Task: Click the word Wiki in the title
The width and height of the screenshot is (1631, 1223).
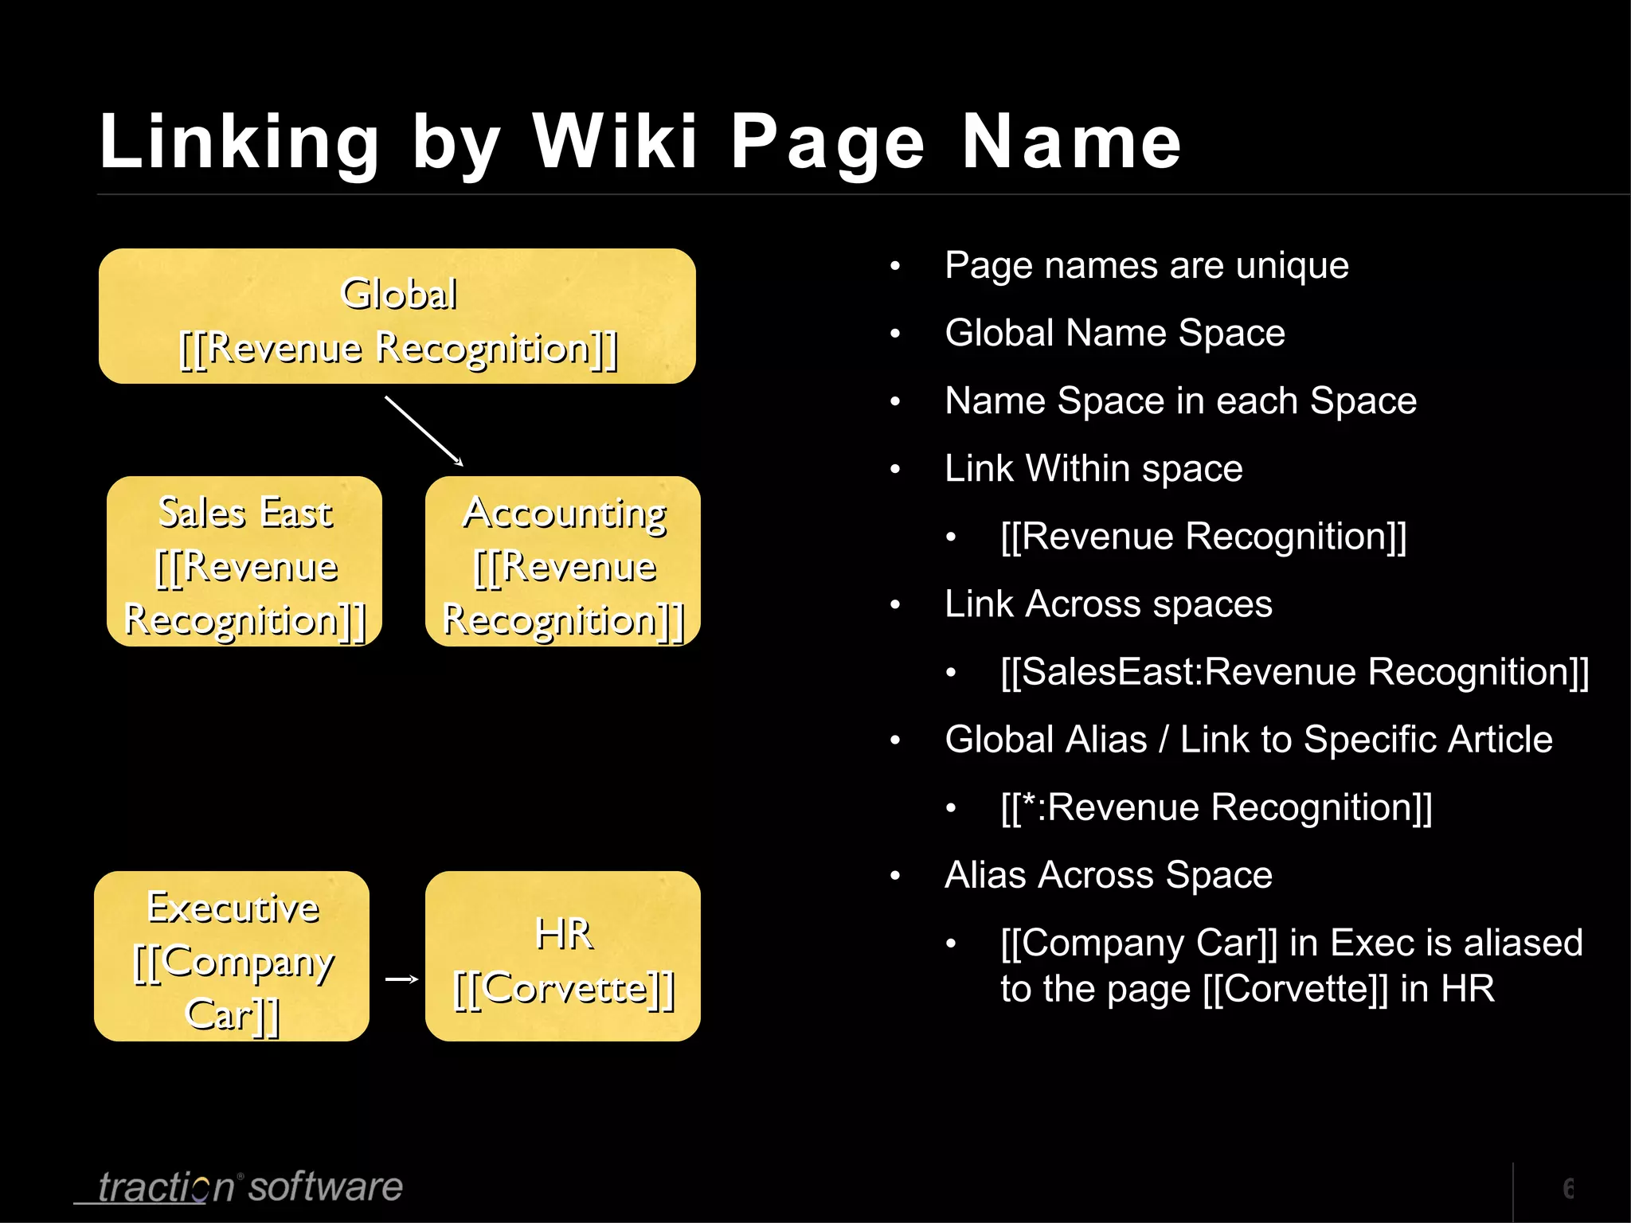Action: coord(615,142)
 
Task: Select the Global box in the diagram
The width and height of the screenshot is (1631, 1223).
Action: coord(397,316)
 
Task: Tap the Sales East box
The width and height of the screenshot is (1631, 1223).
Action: coord(244,561)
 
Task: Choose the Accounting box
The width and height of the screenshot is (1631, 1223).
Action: coord(563,561)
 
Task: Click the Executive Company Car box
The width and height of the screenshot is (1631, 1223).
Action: coord(232,956)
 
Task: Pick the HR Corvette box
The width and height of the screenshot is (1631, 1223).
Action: coord(563,956)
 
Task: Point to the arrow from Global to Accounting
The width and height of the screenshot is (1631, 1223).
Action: coord(424,431)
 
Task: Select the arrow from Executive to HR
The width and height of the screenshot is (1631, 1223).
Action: coord(401,979)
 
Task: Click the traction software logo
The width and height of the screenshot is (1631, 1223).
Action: coord(248,1187)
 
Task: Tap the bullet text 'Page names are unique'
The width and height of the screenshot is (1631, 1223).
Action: coord(1146,265)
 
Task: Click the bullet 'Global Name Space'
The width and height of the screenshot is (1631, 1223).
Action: coord(1114,333)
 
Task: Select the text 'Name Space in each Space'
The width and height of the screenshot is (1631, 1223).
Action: coord(1180,401)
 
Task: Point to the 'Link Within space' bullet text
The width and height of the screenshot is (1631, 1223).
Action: coord(1093,468)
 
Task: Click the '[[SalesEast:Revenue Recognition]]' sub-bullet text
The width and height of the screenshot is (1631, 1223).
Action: coord(1294,671)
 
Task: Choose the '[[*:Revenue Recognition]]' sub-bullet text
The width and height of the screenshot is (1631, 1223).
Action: coord(1216,807)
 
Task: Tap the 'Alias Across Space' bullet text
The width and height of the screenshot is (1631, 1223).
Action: coord(1108,875)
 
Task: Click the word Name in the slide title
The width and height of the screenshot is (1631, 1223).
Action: coord(1071,142)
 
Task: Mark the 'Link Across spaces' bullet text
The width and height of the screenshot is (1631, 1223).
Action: coord(1108,604)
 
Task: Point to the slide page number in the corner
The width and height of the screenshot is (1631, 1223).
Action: coord(1567,1189)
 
